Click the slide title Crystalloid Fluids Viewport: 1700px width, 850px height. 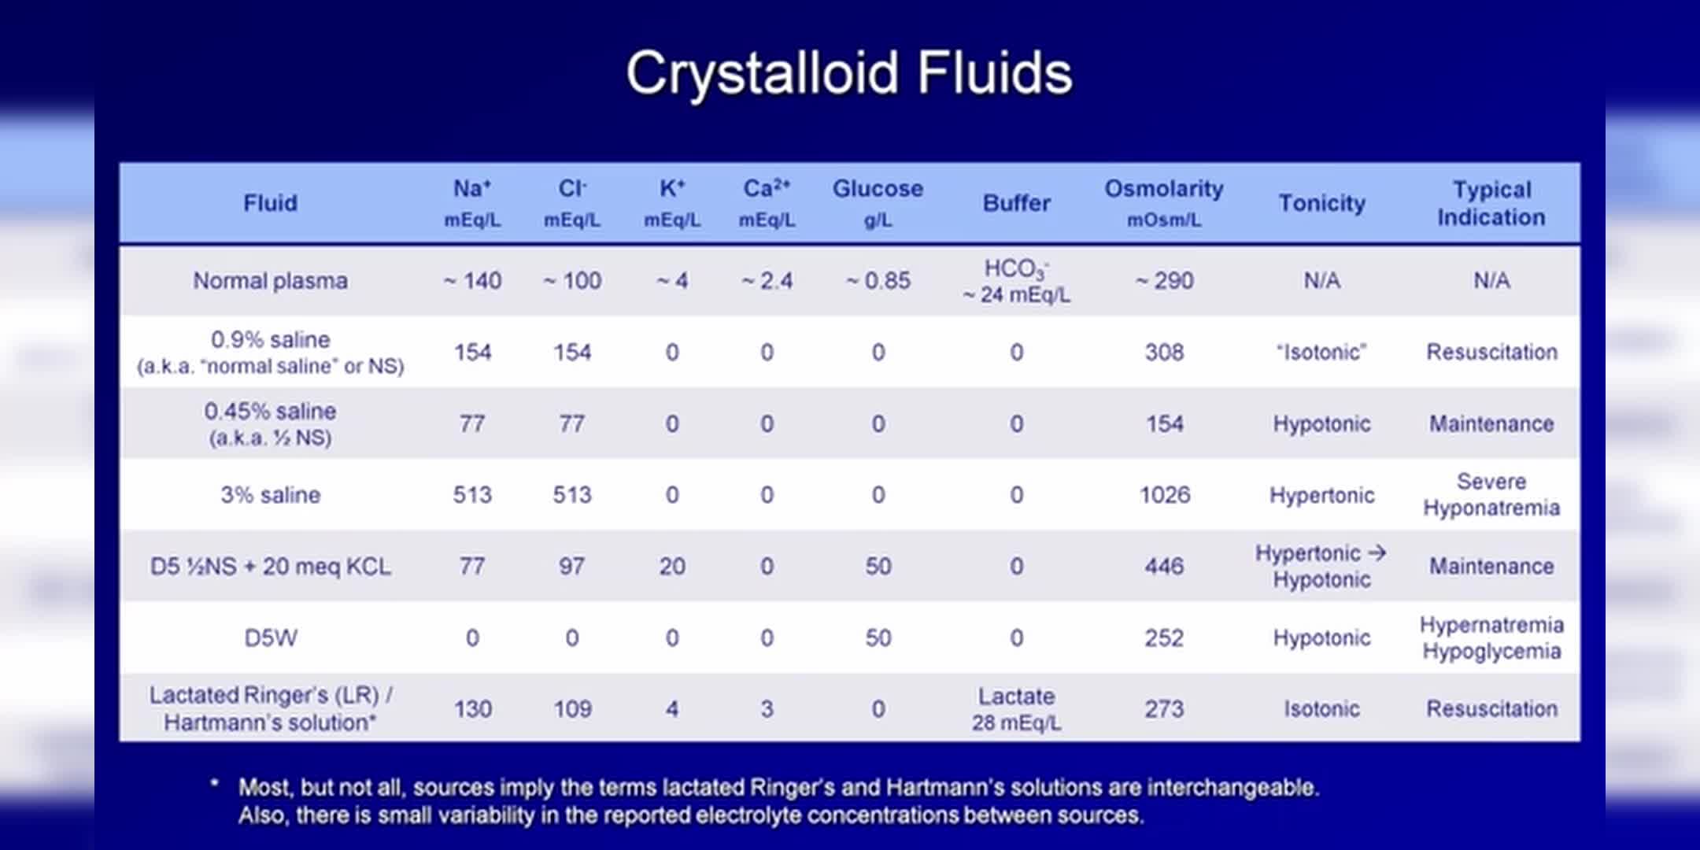pyautogui.click(x=849, y=73)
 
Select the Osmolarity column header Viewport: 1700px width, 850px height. pyautogui.click(x=1164, y=203)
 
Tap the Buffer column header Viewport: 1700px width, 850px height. pyautogui.click(x=1016, y=203)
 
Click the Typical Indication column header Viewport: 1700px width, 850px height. pyautogui.click(x=1491, y=203)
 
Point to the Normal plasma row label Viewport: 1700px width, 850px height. pyautogui.click(x=270, y=281)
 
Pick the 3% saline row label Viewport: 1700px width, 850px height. pyautogui.click(x=270, y=495)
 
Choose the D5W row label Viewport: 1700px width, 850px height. pyautogui.click(x=270, y=637)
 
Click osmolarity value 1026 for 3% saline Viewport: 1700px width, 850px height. pyautogui.click(x=1164, y=495)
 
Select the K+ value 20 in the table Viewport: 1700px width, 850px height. pyautogui.click(x=672, y=567)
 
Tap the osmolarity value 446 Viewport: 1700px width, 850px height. pyautogui.click(x=1164, y=567)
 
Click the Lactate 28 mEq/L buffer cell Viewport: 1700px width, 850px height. pyautogui.click(x=1016, y=709)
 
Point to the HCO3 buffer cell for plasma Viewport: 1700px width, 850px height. pyautogui.click(x=1016, y=281)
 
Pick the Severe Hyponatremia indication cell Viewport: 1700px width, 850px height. pyautogui.click(x=1491, y=495)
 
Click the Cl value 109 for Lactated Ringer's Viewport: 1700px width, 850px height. pyautogui.click(x=572, y=709)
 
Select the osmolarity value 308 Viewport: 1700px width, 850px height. pyautogui.click(x=1164, y=352)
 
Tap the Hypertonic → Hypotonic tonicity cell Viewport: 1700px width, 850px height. pyautogui.click(x=1321, y=567)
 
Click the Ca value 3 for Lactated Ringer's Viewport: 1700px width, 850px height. pyautogui.click(x=767, y=709)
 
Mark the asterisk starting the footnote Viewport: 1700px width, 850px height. pyautogui.click(x=214, y=783)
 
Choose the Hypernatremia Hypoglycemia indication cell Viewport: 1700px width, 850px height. pyautogui.click(x=1491, y=637)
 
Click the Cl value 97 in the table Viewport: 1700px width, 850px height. pyautogui.click(x=572, y=567)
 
